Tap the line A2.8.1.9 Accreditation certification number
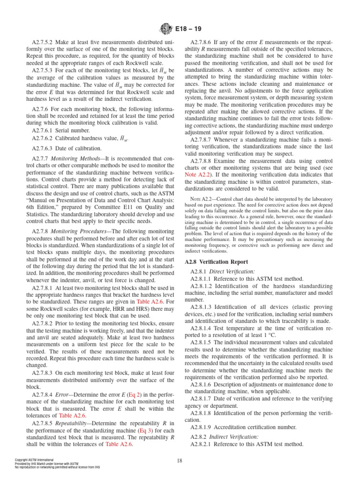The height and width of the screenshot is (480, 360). click(243, 427)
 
